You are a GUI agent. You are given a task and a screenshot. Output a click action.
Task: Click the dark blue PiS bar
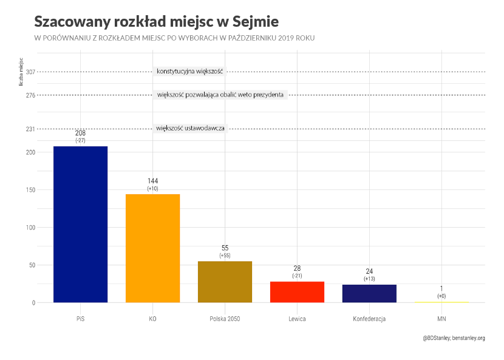[x=80, y=224]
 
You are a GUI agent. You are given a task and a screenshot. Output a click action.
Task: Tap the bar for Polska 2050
[x=225, y=281]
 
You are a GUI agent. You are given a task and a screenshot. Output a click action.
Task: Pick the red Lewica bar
[x=297, y=291]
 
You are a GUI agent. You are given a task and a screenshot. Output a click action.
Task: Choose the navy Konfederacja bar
[x=369, y=293]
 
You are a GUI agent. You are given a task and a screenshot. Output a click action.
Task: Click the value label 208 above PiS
[x=80, y=133]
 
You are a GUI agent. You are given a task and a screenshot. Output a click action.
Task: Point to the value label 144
[x=152, y=182]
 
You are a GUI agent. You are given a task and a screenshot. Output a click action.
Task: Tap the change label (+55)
[x=225, y=256]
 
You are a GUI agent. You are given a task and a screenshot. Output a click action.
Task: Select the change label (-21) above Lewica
[x=297, y=276]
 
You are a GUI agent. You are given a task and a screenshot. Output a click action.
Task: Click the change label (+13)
[x=369, y=279]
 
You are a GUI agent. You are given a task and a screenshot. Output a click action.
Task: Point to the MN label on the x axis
[x=441, y=319]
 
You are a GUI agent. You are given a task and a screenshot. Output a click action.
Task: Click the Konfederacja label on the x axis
[x=369, y=319]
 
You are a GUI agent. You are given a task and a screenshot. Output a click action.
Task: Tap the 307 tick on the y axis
[x=31, y=72]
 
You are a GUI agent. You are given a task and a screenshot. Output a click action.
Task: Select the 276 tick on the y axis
[x=31, y=95]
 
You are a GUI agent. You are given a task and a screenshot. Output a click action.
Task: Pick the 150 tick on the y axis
[x=31, y=190]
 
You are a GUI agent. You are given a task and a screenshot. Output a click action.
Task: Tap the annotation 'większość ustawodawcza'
[x=191, y=128]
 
